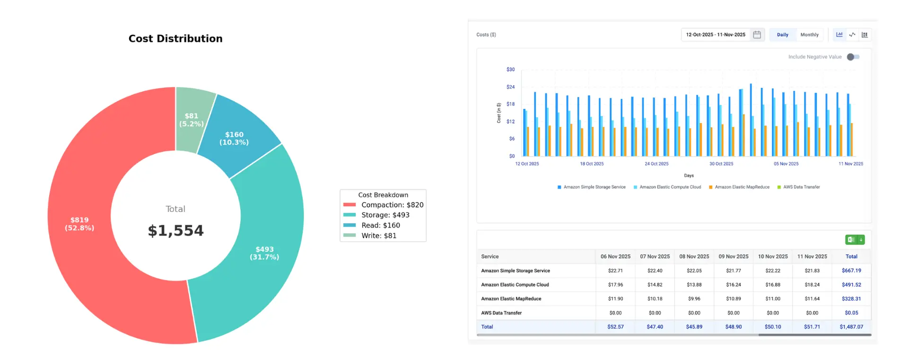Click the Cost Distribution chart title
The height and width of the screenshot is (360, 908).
[x=175, y=39]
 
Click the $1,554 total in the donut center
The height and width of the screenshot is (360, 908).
[x=175, y=230]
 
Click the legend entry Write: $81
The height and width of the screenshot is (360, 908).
[x=378, y=236]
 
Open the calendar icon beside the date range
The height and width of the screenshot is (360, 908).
[x=757, y=35]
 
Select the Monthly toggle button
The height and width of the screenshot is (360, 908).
[x=809, y=35]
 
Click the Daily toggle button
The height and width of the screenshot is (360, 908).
[x=782, y=35]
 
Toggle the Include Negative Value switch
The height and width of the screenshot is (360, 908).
[x=853, y=57]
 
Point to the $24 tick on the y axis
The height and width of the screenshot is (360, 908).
[x=510, y=87]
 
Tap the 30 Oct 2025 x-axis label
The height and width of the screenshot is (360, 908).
[x=721, y=164]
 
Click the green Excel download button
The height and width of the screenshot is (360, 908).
[x=854, y=240]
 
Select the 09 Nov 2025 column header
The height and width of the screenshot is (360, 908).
[x=733, y=256]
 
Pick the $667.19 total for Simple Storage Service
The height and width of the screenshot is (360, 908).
[x=851, y=271]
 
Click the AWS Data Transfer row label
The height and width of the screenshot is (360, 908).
[x=501, y=313]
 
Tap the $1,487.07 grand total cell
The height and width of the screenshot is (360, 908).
[x=851, y=327]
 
